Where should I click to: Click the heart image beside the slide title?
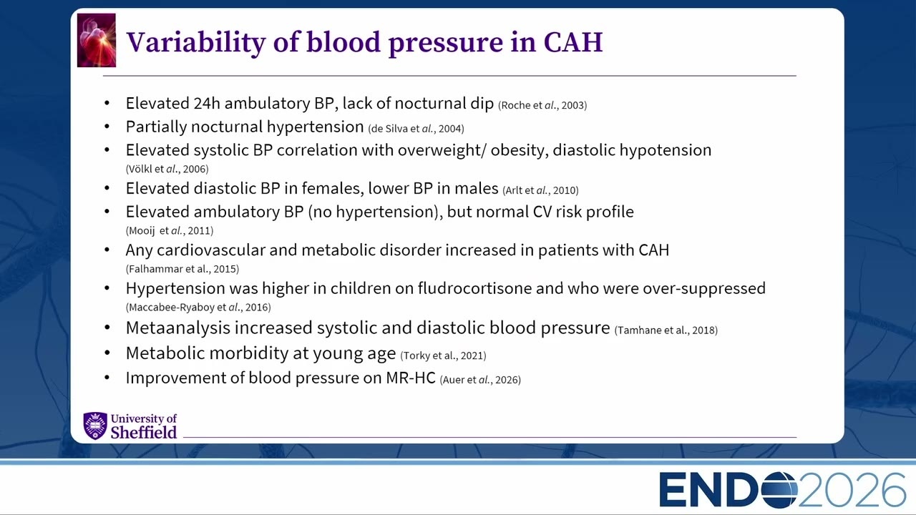point(97,40)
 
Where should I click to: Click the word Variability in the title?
point(196,42)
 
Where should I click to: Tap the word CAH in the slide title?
point(573,42)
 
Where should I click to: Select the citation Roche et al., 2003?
point(542,105)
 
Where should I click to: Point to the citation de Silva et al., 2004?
point(416,129)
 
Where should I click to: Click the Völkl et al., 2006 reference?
point(167,169)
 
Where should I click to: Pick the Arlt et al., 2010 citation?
point(540,190)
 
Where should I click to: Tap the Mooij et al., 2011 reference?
point(170,231)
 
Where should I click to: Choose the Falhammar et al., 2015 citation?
point(182,269)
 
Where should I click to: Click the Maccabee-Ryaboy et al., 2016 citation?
point(198,308)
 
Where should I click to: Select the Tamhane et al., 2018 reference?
point(666,330)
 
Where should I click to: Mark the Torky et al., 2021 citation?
point(443,355)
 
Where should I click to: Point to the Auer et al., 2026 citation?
point(480,380)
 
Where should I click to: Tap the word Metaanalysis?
point(178,328)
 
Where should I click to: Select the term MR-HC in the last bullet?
point(411,378)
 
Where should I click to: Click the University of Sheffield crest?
point(95,426)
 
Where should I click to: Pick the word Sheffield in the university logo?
point(144,433)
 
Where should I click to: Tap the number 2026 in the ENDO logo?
point(852,490)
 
